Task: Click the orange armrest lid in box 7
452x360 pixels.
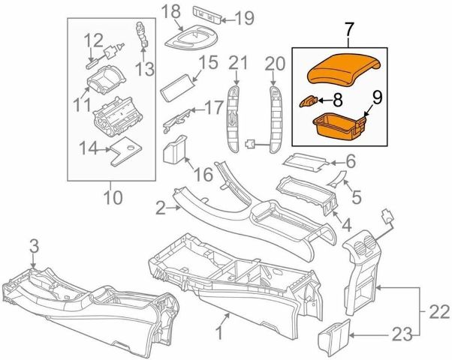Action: [344, 70]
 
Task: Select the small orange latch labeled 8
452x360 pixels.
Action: [309, 101]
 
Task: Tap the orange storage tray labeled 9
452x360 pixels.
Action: [339, 127]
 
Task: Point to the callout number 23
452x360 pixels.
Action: [402, 335]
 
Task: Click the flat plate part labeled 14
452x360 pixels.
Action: [126, 151]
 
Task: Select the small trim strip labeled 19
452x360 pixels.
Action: [207, 15]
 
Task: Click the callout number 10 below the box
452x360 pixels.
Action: [113, 197]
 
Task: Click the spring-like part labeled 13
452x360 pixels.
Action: [142, 33]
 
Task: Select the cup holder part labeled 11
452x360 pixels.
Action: [107, 79]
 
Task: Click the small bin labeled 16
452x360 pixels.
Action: [174, 149]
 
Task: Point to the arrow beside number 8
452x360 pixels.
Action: [324, 100]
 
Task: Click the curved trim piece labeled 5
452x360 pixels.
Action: [336, 178]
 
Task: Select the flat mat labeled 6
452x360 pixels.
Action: [306, 163]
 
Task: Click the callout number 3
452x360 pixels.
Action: [34, 247]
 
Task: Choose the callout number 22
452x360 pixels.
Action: [439, 311]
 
